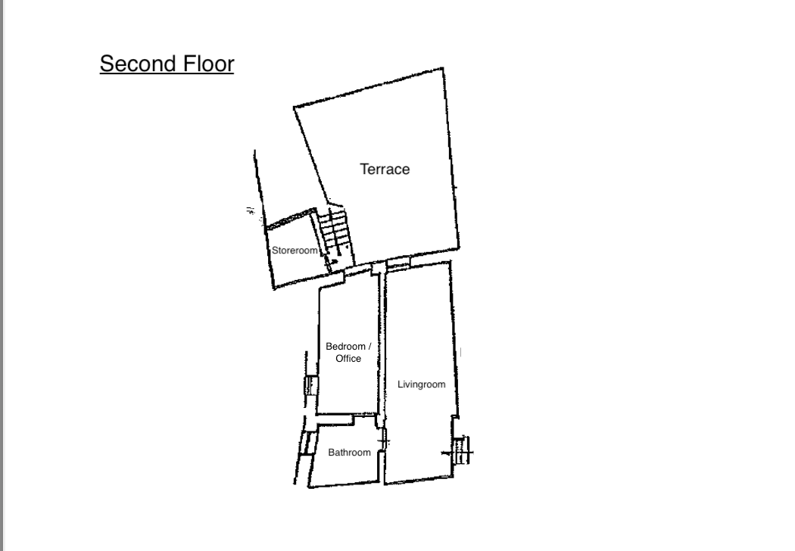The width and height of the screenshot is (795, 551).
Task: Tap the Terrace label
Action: [x=385, y=170]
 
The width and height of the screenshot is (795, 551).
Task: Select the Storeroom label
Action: [x=295, y=251]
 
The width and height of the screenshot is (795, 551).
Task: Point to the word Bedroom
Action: [x=345, y=346]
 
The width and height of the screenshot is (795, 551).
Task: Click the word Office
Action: [x=348, y=359]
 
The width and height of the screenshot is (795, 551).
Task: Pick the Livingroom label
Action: [x=421, y=384]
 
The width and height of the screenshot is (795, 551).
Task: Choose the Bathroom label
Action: [x=349, y=452]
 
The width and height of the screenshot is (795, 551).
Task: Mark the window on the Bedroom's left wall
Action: [x=310, y=385]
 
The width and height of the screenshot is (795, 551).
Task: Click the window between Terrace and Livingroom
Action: [x=398, y=263]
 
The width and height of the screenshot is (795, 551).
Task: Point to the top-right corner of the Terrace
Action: [x=444, y=68]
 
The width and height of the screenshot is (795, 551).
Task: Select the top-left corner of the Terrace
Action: [x=294, y=107]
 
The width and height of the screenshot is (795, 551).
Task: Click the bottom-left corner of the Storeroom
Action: [x=274, y=289]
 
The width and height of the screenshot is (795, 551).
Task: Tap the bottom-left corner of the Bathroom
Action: [x=308, y=487]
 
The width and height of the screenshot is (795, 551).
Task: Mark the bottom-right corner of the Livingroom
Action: [x=453, y=477]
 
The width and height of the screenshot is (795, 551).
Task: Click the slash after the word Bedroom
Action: [x=369, y=346]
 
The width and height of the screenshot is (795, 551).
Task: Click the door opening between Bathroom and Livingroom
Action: [x=385, y=441]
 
